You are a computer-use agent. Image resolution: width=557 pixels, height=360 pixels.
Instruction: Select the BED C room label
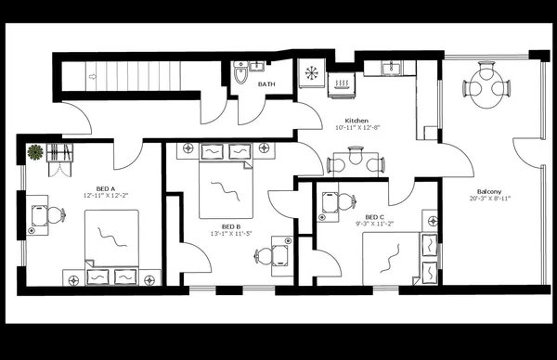[x=376, y=215]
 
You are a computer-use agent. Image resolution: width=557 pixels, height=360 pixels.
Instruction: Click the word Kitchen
[x=358, y=121]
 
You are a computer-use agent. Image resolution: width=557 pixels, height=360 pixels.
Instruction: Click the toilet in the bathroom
[x=241, y=74]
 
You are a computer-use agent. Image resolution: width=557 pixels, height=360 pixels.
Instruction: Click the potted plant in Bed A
[x=35, y=151]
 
